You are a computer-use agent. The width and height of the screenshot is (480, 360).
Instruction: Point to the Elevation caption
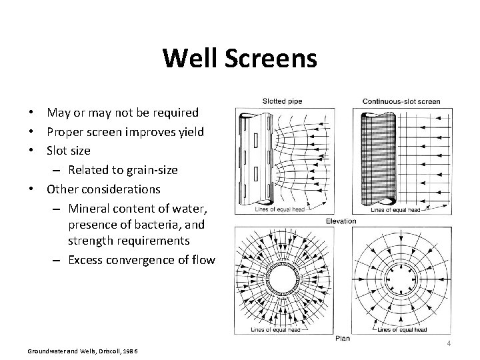click(x=341, y=221)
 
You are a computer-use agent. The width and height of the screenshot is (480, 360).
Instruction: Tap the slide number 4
click(x=449, y=343)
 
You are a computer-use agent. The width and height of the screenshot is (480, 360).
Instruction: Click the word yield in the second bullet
click(x=189, y=131)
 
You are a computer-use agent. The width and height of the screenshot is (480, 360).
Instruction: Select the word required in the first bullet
click(x=177, y=112)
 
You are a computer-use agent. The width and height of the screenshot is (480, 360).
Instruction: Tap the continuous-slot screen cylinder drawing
click(x=376, y=157)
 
